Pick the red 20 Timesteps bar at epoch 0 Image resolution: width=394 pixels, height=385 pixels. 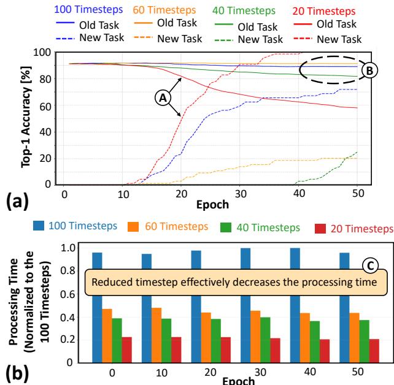click(x=126, y=349)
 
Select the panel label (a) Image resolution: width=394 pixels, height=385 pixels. click(x=15, y=198)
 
